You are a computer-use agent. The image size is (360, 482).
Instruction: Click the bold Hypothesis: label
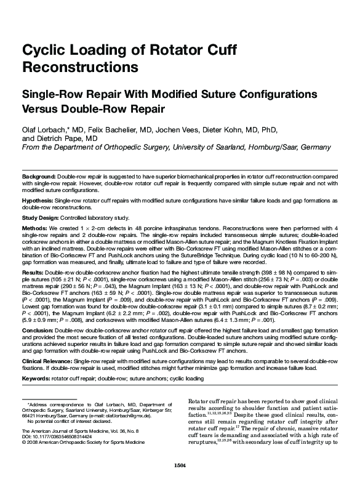[38, 201]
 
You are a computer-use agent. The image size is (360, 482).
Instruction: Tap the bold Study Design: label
[41, 218]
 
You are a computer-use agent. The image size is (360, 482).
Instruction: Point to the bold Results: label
[33, 271]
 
